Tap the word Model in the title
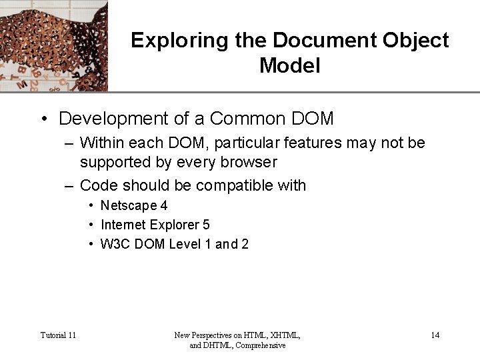[290, 66]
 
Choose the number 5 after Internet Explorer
[206, 225]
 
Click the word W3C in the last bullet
[115, 245]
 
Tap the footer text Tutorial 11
[58, 335]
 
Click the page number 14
[435, 335]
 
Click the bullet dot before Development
[43, 119]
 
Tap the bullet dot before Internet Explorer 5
[91, 225]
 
